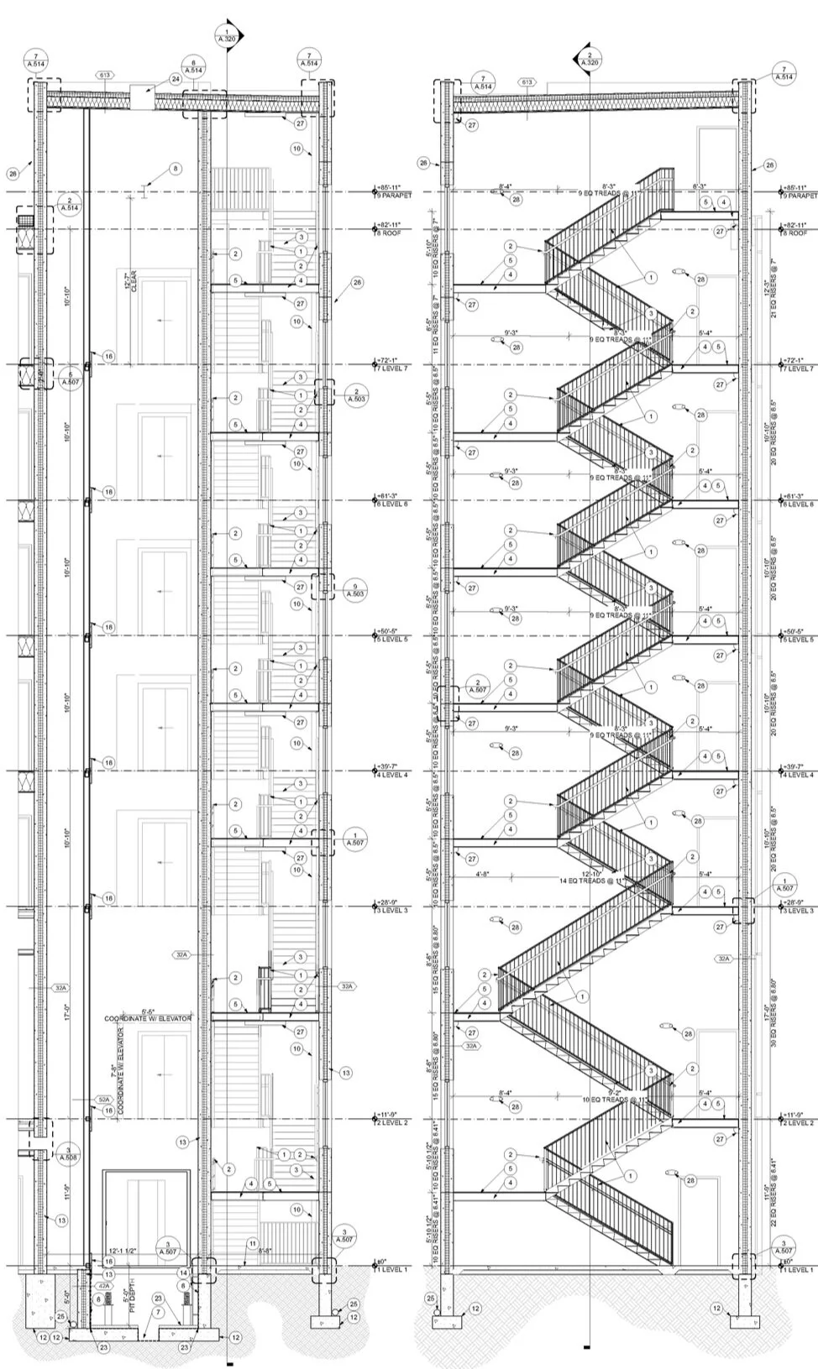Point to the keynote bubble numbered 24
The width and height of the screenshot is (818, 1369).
[x=176, y=79]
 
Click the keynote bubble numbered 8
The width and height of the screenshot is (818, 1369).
[x=175, y=169]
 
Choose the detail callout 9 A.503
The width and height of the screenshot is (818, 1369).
[x=355, y=589]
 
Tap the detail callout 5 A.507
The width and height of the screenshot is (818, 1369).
[x=71, y=379]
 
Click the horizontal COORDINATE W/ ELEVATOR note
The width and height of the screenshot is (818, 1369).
[x=148, y=1017]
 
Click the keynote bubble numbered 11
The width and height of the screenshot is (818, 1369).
[x=252, y=1242]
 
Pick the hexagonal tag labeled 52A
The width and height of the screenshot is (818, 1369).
[x=103, y=1099]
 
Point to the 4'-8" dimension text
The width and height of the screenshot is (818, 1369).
[x=506, y=874]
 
